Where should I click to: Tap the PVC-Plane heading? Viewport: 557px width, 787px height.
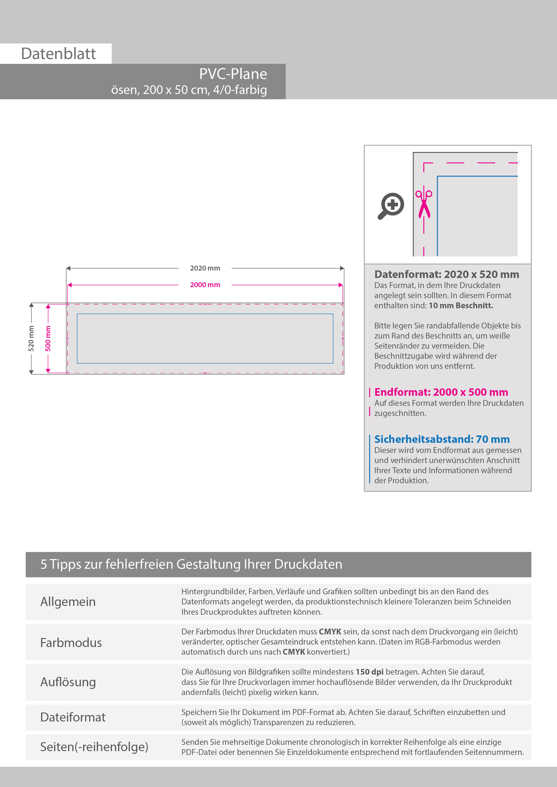(x=233, y=74)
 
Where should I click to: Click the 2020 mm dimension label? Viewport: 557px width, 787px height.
(x=205, y=268)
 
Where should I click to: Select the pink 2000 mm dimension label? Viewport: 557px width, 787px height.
(x=205, y=285)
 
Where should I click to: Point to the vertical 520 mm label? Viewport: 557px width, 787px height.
(x=31, y=339)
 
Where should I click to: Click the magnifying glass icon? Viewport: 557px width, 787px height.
(x=391, y=206)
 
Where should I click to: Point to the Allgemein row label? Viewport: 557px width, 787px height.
(x=68, y=601)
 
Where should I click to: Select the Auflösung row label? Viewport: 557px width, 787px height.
(x=68, y=682)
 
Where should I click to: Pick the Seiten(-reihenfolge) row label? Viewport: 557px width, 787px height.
(x=94, y=747)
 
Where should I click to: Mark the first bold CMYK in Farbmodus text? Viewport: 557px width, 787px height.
(x=330, y=632)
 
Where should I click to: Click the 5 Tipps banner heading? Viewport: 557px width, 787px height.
(x=191, y=564)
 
